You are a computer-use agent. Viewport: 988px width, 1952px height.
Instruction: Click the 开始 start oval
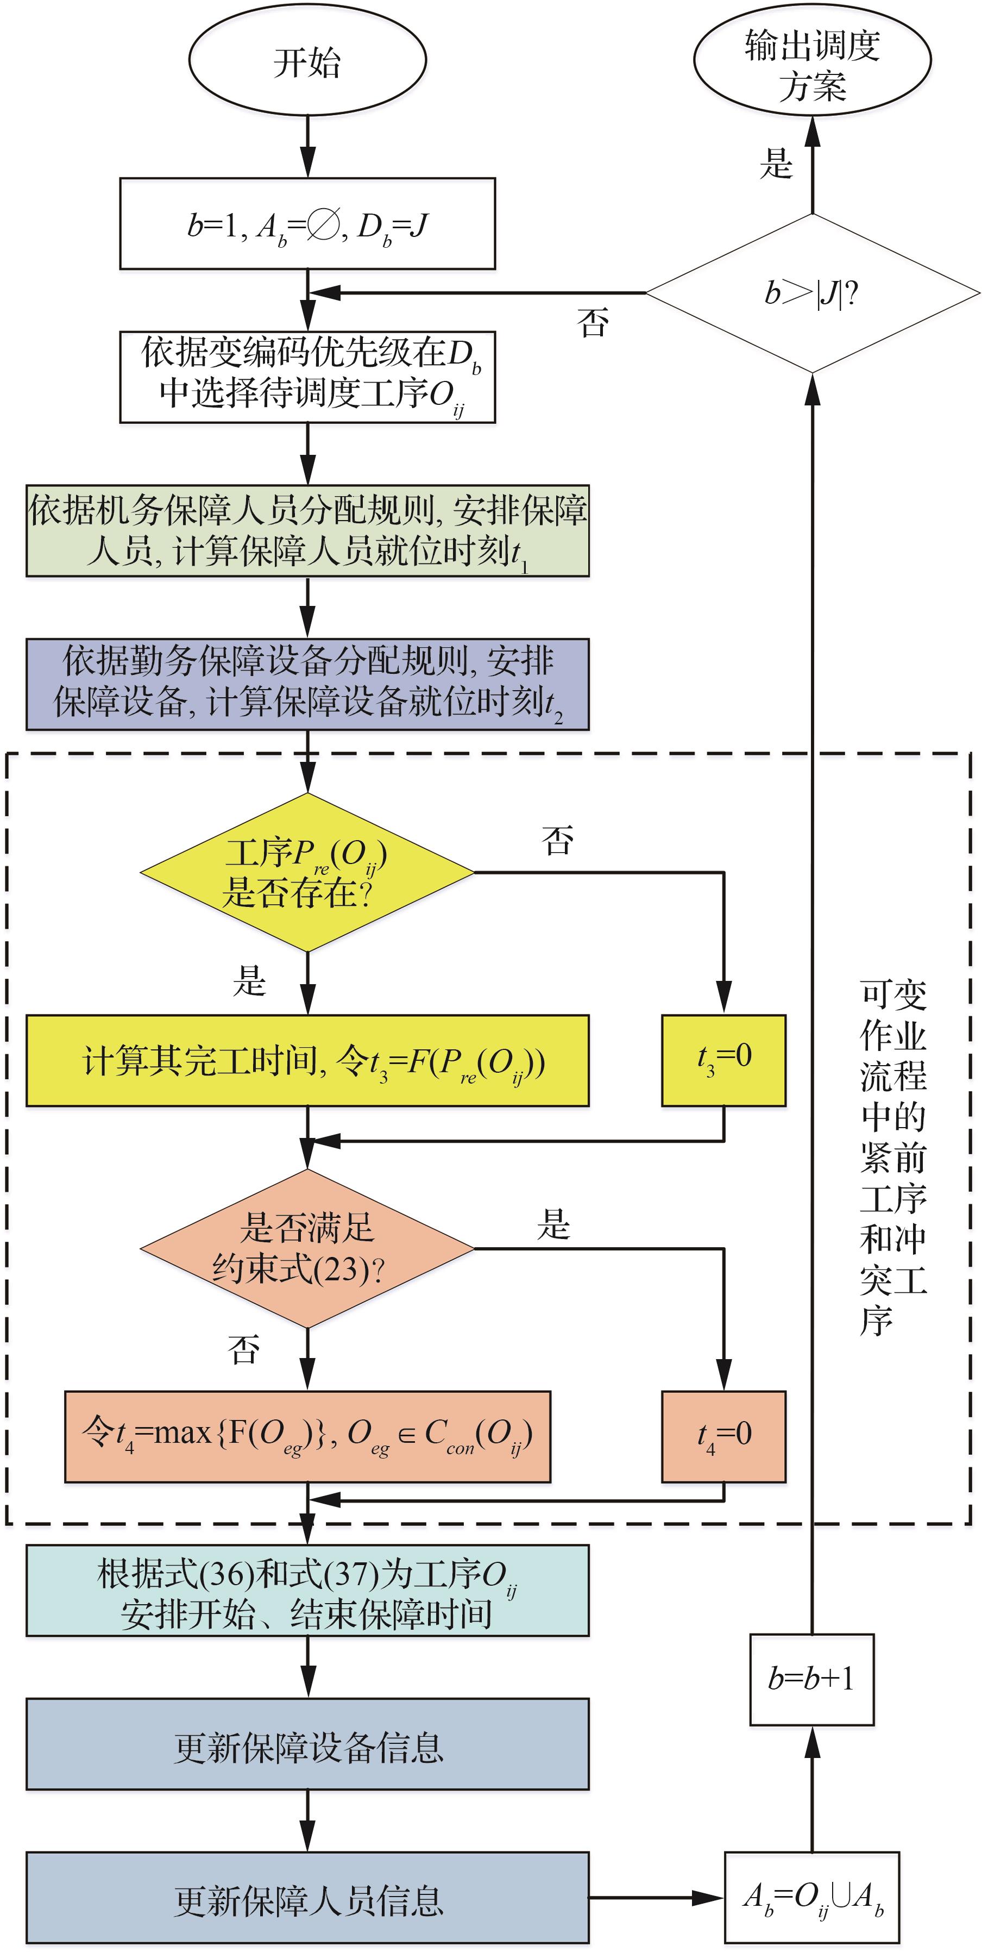tap(307, 61)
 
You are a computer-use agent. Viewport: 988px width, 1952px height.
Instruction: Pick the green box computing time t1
tap(307, 531)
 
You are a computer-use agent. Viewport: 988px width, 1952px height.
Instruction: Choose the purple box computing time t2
tap(307, 684)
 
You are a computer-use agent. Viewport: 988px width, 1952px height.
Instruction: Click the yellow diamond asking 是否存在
tap(307, 872)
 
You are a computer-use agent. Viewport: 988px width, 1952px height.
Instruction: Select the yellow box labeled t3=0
tap(723, 1060)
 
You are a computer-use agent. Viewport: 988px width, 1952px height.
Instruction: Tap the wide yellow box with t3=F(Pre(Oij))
tap(307, 1060)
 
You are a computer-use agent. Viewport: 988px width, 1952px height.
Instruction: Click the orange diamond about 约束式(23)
tap(307, 1248)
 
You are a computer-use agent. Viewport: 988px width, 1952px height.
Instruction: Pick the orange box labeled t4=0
tap(723, 1436)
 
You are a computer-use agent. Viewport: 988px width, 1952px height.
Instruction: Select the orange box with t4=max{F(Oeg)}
tap(307, 1436)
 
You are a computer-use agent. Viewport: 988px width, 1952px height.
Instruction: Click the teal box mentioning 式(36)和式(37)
tap(307, 1591)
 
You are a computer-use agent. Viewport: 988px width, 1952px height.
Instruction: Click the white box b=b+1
tap(811, 1680)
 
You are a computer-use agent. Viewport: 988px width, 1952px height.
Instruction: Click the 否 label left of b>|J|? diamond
tap(593, 323)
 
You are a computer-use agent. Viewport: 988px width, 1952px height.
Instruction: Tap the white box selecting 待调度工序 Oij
tap(307, 377)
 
